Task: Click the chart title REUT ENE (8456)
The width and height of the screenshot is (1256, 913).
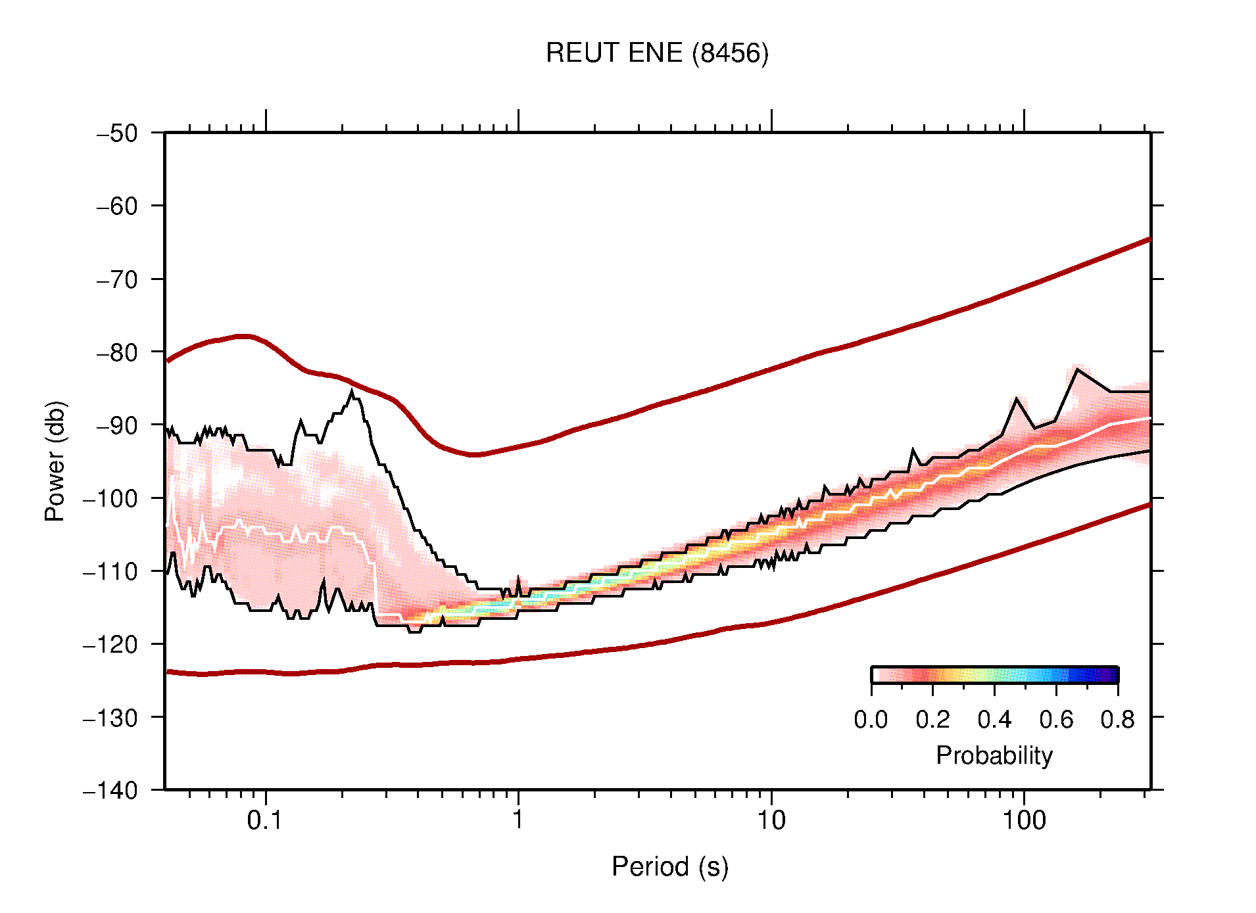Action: [x=656, y=53]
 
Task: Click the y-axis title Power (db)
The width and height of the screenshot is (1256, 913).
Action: [x=55, y=461]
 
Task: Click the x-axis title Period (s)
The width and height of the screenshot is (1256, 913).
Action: [x=669, y=867]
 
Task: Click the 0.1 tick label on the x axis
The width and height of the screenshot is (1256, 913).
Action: [x=265, y=820]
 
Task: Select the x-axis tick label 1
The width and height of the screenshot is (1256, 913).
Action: [x=518, y=820]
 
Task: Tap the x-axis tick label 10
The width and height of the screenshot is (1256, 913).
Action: [x=771, y=820]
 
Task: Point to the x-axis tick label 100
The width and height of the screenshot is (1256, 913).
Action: [x=1023, y=820]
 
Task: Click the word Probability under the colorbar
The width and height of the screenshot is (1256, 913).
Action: [x=994, y=756]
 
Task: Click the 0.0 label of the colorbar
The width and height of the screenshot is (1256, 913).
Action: [x=871, y=720]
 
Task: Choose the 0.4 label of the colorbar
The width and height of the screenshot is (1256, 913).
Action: [x=994, y=720]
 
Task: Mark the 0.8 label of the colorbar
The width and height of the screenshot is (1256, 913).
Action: [x=1117, y=720]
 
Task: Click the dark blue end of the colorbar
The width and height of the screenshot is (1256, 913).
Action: [x=1111, y=675]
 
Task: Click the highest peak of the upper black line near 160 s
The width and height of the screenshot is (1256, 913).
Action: [x=1077, y=369]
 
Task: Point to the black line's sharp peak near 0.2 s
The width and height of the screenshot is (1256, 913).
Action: [x=352, y=392]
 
